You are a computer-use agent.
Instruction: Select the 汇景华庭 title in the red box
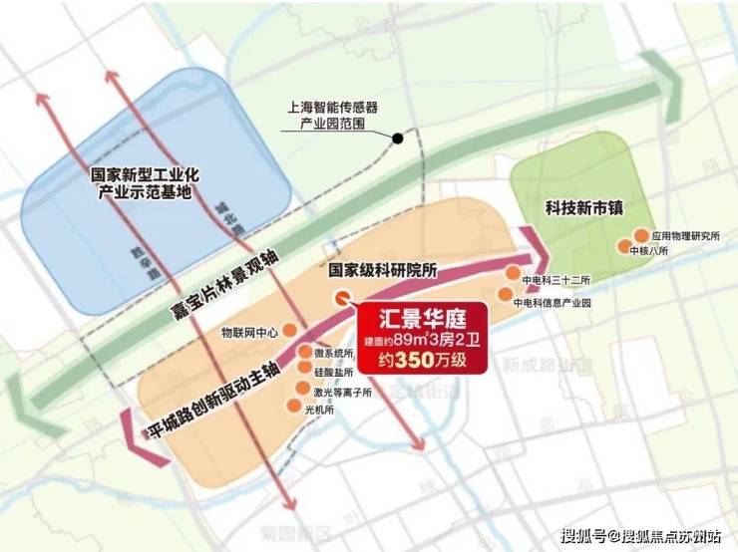[425, 321]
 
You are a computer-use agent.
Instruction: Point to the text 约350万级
[425, 362]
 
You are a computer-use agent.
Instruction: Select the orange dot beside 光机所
[292, 405]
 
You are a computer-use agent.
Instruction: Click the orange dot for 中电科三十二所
[513, 271]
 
